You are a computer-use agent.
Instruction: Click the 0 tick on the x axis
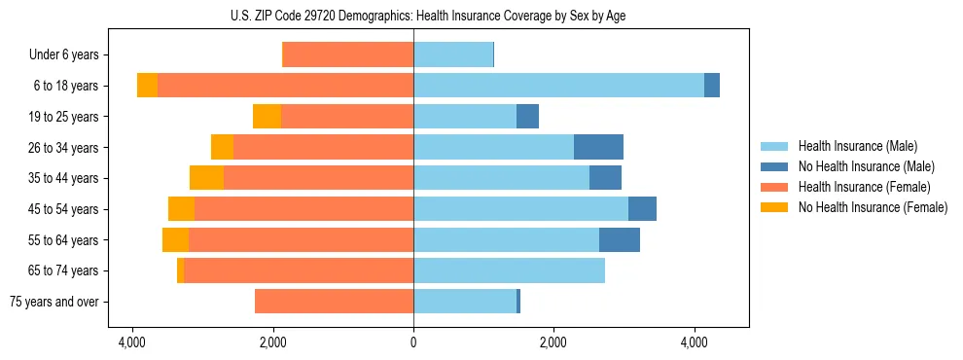[x=413, y=342]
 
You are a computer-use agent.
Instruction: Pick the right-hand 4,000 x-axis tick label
[x=695, y=342]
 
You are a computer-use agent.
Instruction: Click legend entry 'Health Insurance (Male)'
[x=857, y=146]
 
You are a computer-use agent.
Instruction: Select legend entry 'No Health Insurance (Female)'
[x=873, y=207]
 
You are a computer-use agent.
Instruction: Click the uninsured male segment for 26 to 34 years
[x=598, y=147]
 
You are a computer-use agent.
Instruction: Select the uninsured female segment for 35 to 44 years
[x=206, y=178]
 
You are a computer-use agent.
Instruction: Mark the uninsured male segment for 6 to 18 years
[x=712, y=86]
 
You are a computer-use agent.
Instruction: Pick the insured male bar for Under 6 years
[x=453, y=54]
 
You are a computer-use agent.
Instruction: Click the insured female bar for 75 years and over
[x=334, y=302]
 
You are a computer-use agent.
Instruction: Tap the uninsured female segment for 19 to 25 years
[x=267, y=117]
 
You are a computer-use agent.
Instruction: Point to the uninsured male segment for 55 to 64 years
[x=620, y=239]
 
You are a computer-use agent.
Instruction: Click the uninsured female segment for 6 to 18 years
[x=147, y=86]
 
